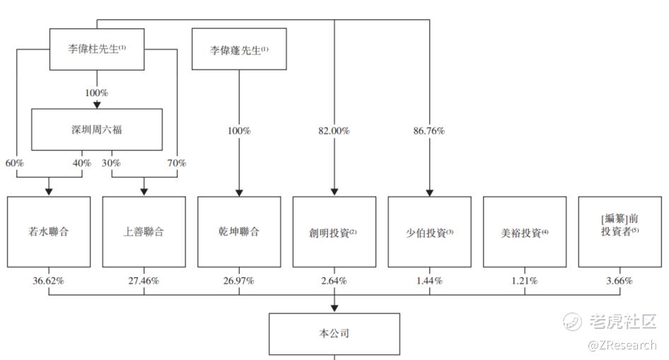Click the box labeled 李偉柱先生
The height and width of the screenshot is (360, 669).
click(96, 50)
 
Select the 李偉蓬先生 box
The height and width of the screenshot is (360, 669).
click(239, 50)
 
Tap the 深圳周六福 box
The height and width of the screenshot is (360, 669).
click(97, 129)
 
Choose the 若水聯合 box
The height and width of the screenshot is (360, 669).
click(49, 231)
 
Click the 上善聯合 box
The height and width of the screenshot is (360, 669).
click(144, 231)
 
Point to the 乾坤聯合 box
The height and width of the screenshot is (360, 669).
click(239, 231)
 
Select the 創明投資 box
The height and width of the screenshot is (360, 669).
click(334, 231)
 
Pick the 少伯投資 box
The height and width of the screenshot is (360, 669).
click(429, 231)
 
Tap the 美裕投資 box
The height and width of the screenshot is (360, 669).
click(525, 231)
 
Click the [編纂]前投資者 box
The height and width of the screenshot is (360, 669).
click(619, 231)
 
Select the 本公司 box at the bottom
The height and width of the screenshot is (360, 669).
click(334, 333)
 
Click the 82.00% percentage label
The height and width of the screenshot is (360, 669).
click(334, 131)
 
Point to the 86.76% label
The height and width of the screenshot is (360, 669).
click(429, 131)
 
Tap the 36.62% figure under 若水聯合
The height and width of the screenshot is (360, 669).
click(49, 281)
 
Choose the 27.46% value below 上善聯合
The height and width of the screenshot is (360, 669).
click(144, 281)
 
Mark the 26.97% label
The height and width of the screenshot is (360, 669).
click(239, 281)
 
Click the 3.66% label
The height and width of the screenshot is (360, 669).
click(619, 281)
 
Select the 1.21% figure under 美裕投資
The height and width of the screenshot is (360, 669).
click(525, 281)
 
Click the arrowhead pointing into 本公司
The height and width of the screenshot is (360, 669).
click(334, 308)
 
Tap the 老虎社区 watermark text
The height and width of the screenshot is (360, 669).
click(622, 323)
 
